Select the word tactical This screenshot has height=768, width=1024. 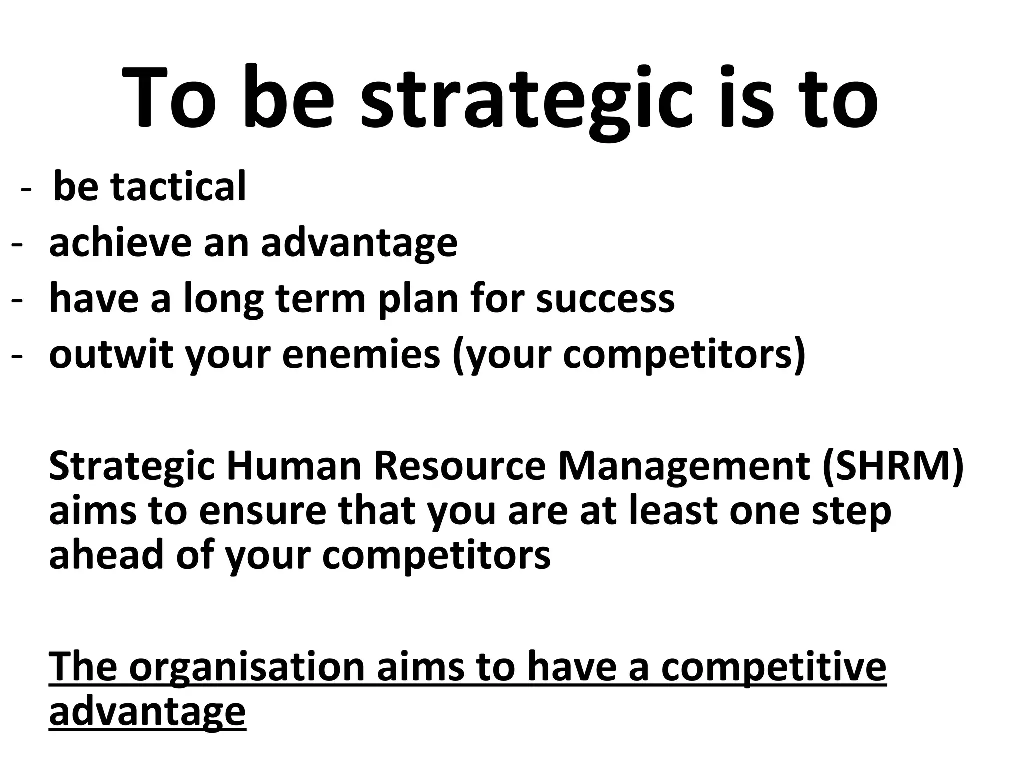pos(179,187)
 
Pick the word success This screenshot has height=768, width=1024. pos(605,299)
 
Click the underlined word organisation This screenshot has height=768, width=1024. pos(247,668)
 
